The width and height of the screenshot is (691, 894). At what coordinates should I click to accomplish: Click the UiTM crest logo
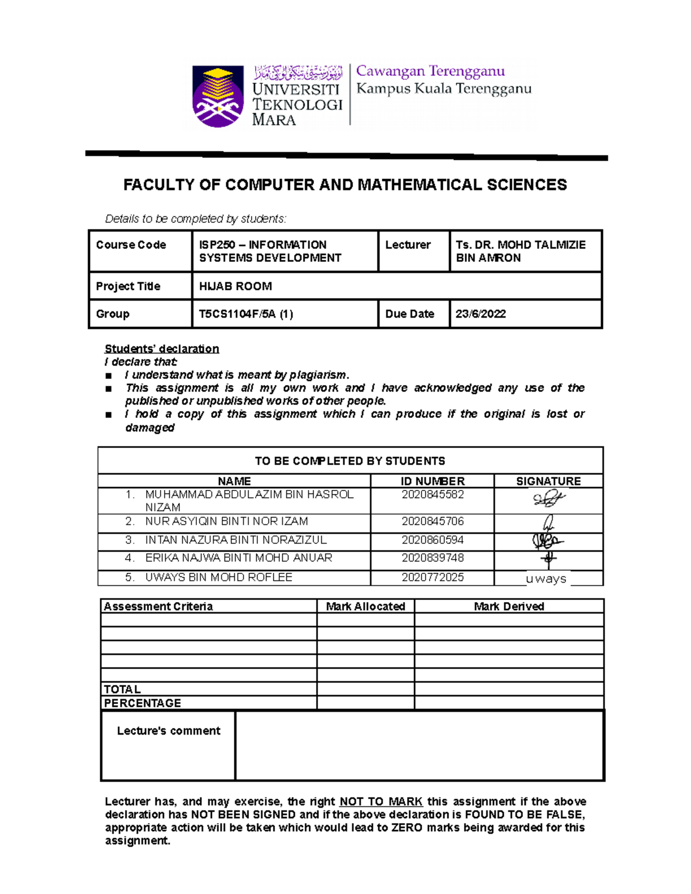pyautogui.click(x=218, y=96)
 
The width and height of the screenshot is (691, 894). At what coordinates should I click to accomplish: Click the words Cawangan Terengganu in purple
pyautogui.click(x=430, y=71)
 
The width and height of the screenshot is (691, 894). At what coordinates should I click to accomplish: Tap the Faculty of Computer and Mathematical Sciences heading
pyautogui.click(x=345, y=185)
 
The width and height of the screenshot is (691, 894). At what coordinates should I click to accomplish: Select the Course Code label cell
pyautogui.click(x=131, y=245)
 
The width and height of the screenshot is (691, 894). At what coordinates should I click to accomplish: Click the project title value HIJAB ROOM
pyautogui.click(x=236, y=286)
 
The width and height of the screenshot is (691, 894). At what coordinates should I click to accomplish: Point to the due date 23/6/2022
pyautogui.click(x=480, y=314)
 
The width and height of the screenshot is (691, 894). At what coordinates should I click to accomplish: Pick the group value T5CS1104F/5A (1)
pyautogui.click(x=246, y=314)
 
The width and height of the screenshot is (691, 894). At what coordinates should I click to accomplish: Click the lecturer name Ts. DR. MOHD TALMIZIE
pyautogui.click(x=520, y=245)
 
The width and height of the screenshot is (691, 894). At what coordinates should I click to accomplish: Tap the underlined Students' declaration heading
pyautogui.click(x=161, y=349)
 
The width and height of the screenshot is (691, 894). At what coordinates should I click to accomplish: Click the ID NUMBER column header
pyautogui.click(x=432, y=481)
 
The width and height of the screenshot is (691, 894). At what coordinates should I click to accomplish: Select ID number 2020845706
pyautogui.click(x=432, y=522)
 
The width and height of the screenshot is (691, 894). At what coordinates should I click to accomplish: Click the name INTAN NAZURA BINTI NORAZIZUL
pyautogui.click(x=236, y=540)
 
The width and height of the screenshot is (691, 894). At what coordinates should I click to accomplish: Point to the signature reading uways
pyautogui.click(x=546, y=579)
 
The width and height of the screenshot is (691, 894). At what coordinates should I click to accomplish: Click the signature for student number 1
pyautogui.click(x=548, y=499)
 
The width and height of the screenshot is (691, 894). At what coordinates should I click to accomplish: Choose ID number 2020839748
pyautogui.click(x=432, y=558)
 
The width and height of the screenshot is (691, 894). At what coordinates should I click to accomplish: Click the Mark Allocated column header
pyautogui.click(x=365, y=606)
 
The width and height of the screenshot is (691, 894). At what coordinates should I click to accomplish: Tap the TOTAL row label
pyautogui.click(x=122, y=689)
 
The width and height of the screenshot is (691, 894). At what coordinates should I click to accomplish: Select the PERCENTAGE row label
pyautogui.click(x=142, y=703)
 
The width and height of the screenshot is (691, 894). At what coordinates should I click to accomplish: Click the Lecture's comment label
pyautogui.click(x=168, y=731)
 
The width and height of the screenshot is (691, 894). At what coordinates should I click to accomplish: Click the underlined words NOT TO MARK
pyautogui.click(x=381, y=801)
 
